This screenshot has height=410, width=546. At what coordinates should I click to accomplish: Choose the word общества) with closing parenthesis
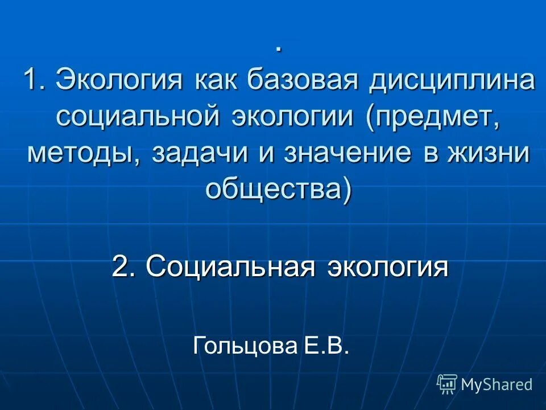(x=278, y=189)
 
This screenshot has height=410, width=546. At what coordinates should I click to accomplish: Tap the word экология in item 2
(x=387, y=266)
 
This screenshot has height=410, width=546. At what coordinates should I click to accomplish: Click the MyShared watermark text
(x=497, y=384)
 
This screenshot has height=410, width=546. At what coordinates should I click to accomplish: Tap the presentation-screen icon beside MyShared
(x=447, y=384)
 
